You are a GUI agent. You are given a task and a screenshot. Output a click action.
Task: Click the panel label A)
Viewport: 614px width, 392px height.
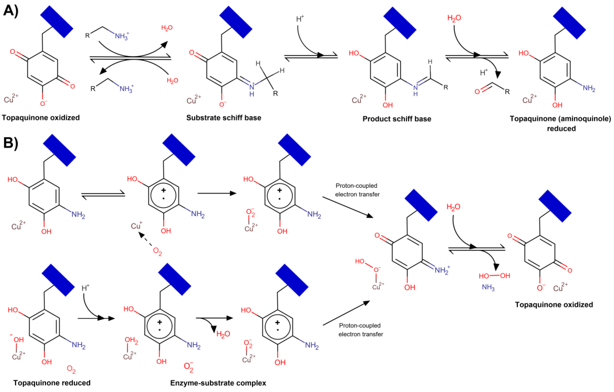pyautogui.click(x=11, y=12)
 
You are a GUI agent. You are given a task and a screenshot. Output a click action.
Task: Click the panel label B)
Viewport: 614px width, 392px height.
pyautogui.click(x=11, y=143)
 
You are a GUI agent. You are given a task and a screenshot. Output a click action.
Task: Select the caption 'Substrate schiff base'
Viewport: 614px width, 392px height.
pyautogui.click(x=224, y=118)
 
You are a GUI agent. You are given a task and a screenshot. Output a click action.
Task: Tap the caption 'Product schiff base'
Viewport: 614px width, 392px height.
pyautogui.click(x=397, y=119)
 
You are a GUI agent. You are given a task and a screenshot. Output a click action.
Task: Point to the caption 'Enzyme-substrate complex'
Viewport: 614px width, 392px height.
pyautogui.click(x=218, y=383)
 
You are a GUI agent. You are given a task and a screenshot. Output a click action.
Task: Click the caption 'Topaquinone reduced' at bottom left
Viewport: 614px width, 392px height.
pyautogui.click(x=52, y=383)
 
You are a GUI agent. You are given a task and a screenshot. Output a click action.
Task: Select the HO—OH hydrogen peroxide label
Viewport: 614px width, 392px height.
pyautogui.click(x=494, y=276)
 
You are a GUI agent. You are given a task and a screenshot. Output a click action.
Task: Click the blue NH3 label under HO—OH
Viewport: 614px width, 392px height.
pyautogui.click(x=488, y=287)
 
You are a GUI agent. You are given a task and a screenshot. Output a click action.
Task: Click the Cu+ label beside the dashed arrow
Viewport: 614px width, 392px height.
pyautogui.click(x=136, y=226)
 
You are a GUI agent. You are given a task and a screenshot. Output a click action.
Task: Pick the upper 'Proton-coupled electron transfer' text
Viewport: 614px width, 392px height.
pyautogui.click(x=357, y=190)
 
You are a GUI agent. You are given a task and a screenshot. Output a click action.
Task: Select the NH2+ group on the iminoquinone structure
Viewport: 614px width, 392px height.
pyautogui.click(x=442, y=270)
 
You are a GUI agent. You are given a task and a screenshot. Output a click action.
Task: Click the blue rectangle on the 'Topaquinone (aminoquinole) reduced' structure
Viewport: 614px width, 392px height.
pyautogui.click(x=569, y=23)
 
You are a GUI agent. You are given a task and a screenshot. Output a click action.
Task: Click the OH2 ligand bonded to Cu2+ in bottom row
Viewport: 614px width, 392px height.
pyautogui.click(x=131, y=340)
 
